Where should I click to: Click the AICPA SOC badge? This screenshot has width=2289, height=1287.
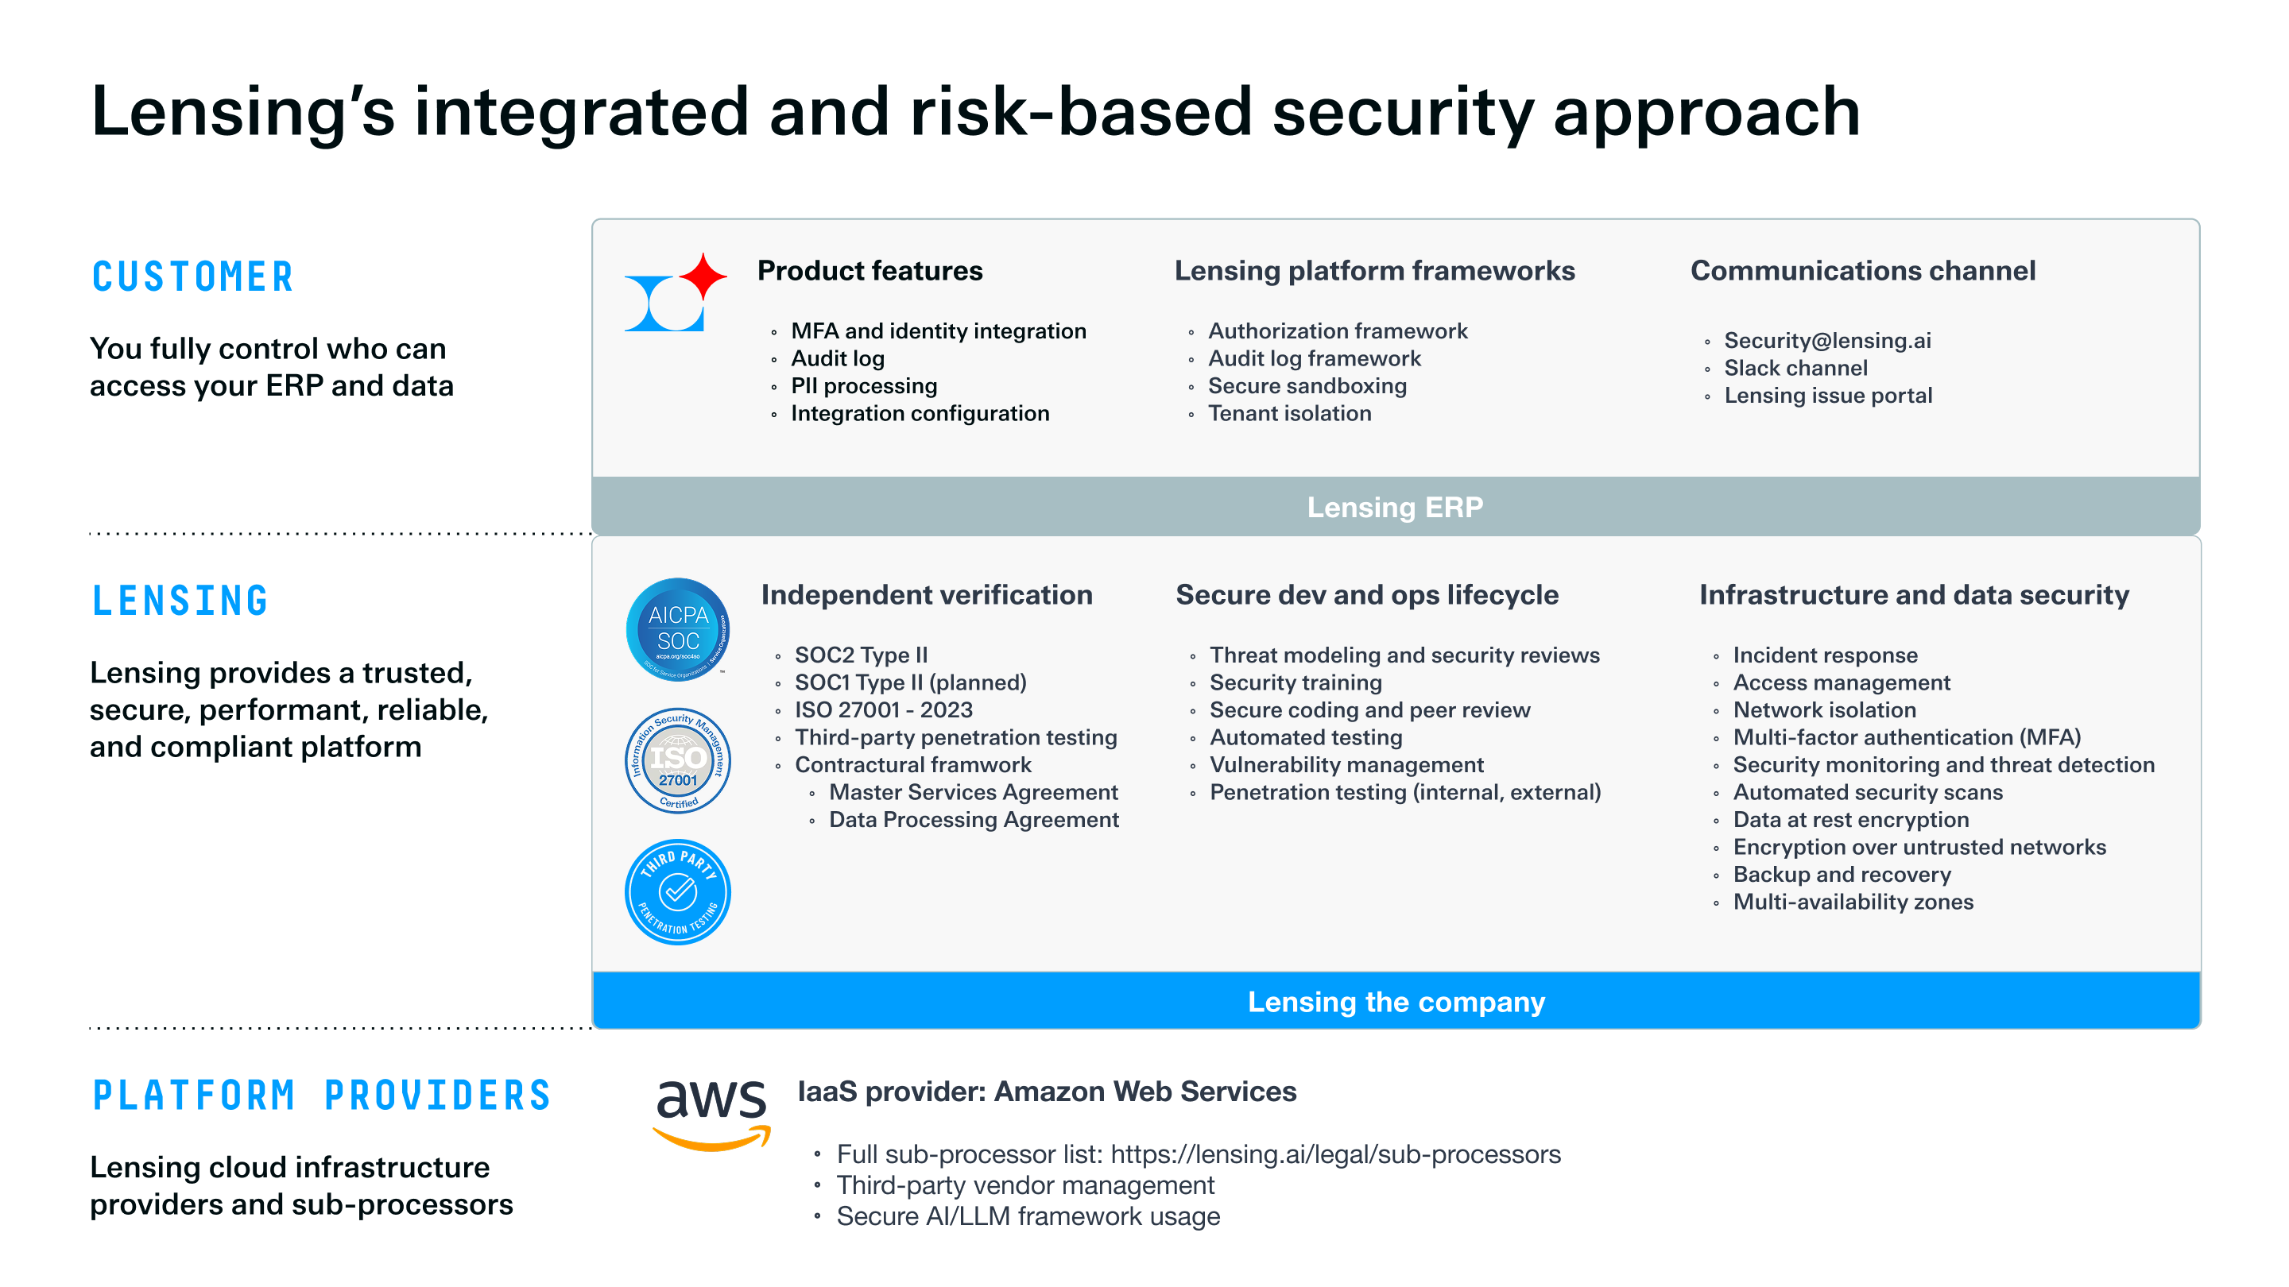coord(678,630)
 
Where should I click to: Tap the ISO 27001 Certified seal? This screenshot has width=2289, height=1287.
coord(678,760)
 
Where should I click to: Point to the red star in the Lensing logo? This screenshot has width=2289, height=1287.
coord(703,276)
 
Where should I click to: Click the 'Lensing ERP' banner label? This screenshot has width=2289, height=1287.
coord(1395,507)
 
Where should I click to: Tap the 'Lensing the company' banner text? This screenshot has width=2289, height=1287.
coord(1396,1002)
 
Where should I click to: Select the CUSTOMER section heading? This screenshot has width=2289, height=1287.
coord(193,277)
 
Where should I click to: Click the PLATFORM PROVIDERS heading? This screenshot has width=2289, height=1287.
coord(322,1096)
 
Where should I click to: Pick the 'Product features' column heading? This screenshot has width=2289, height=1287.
coord(870,271)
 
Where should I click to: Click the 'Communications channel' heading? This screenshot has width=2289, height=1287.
coord(1862,271)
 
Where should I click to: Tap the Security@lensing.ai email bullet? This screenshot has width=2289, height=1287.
coord(1827,341)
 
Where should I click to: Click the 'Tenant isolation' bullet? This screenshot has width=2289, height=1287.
coord(1289,414)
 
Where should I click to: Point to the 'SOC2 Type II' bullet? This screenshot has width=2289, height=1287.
coord(861,655)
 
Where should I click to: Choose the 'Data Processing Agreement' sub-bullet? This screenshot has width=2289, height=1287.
coord(974,820)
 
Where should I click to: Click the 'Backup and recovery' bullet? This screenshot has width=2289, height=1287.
coord(1842,875)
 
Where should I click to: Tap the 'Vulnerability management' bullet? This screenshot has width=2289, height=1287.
coord(1346,765)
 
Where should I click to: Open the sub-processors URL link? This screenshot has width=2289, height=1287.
coord(1335,1154)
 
